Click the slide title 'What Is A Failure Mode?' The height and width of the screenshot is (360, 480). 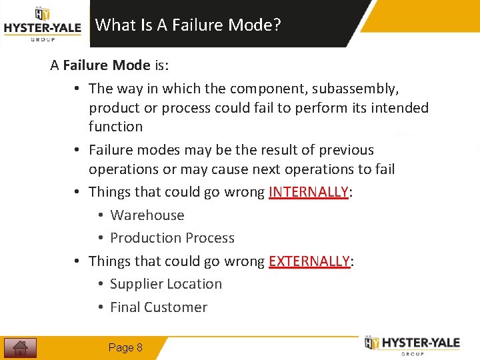pyautogui.click(x=188, y=25)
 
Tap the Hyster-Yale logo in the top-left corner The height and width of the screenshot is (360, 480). pyautogui.click(x=42, y=24)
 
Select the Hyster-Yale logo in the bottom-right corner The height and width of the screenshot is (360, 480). pyautogui.click(x=412, y=344)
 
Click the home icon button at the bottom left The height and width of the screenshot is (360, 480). pyautogui.click(x=20, y=347)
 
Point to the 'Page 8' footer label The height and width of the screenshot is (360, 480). pyautogui.click(x=125, y=347)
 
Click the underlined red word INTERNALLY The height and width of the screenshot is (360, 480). pyautogui.click(x=309, y=192)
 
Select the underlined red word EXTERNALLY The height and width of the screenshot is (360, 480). pyautogui.click(x=309, y=261)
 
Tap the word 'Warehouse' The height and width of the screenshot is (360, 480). pyautogui.click(x=147, y=215)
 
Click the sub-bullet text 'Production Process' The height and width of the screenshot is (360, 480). pyautogui.click(x=172, y=238)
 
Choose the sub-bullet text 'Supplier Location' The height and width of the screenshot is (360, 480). pyautogui.click(x=165, y=284)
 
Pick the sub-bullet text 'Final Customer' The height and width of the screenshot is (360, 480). pyautogui.click(x=159, y=307)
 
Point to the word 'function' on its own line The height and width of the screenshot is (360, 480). pyautogui.click(x=115, y=126)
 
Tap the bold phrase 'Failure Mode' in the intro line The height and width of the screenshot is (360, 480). pyautogui.click(x=107, y=65)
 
